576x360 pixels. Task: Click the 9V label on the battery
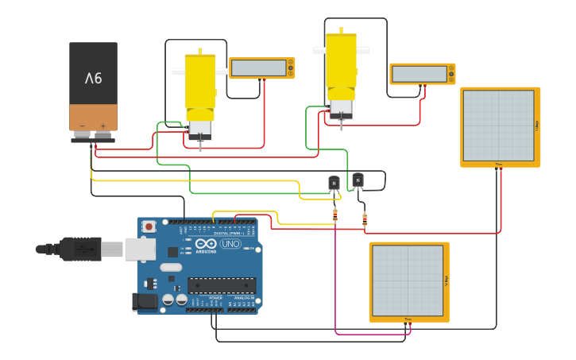point(94,78)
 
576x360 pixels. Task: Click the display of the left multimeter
point(258,68)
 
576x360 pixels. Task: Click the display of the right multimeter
point(419,74)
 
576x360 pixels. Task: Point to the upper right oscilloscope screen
point(498,126)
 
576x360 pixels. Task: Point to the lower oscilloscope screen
point(407,281)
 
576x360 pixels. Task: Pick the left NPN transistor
point(334,184)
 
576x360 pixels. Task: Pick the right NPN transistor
point(358,180)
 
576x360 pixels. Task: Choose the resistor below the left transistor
point(335,215)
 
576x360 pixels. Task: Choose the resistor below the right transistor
point(365,219)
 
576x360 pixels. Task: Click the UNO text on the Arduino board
point(230,244)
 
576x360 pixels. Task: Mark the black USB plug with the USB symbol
point(79,249)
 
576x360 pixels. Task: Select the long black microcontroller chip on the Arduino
point(222,285)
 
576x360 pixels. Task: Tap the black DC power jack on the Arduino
point(145,301)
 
